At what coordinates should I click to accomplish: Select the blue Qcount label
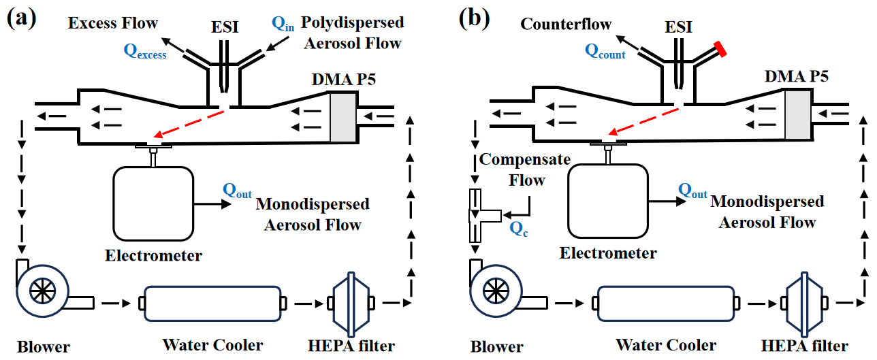tap(605, 52)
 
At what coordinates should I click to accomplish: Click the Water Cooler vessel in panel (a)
tap(212, 301)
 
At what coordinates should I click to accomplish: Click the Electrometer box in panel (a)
tap(154, 202)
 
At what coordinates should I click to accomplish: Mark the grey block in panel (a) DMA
tap(343, 118)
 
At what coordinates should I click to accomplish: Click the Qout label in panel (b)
tap(692, 193)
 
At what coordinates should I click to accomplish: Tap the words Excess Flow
tap(113, 23)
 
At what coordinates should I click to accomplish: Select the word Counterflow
tap(566, 24)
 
